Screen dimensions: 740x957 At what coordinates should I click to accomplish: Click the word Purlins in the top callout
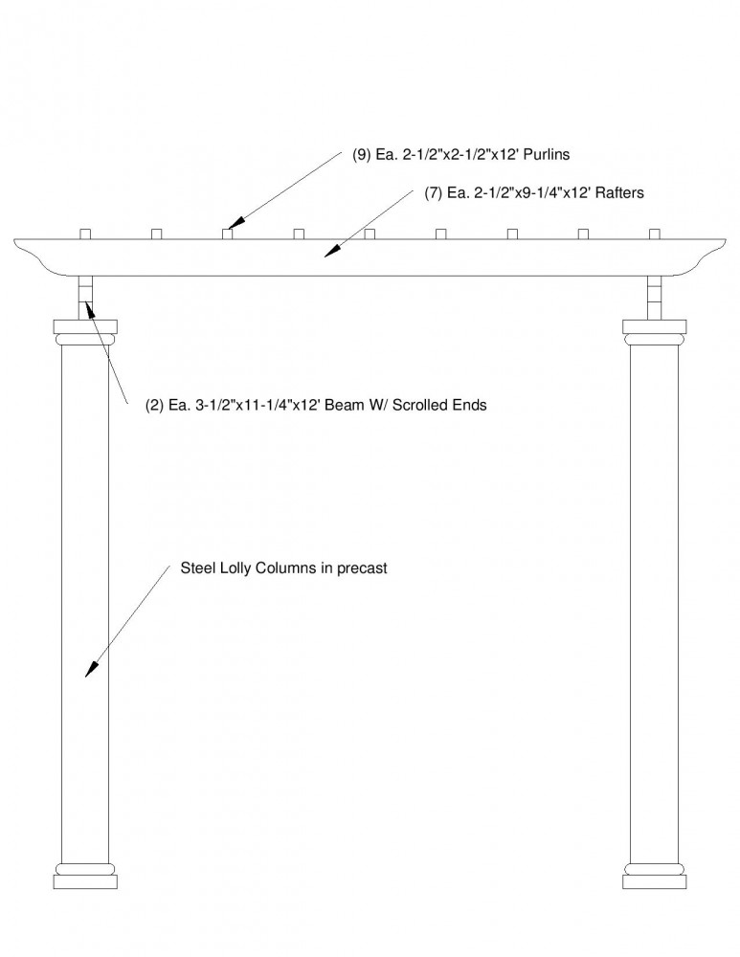pyautogui.click(x=547, y=154)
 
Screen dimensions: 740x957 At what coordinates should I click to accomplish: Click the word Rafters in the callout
pyautogui.click(x=619, y=193)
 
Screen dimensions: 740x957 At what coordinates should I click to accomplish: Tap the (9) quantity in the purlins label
pyautogui.click(x=362, y=154)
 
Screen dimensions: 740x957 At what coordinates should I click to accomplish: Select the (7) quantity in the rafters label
pyautogui.click(x=434, y=193)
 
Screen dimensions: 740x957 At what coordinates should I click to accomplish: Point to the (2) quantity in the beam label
pyautogui.click(x=154, y=405)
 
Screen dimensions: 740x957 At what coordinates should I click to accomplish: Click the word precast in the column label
pyautogui.click(x=362, y=568)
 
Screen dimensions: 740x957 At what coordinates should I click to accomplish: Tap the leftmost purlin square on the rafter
pyautogui.click(x=85, y=234)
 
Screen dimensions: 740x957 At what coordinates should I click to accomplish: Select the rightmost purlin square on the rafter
pyautogui.click(x=655, y=234)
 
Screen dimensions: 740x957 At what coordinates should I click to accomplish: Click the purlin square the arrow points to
pyautogui.click(x=228, y=234)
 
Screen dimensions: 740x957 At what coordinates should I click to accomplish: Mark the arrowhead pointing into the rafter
pyautogui.click(x=331, y=250)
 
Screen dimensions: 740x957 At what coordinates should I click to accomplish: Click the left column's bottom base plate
pyautogui.click(x=85, y=882)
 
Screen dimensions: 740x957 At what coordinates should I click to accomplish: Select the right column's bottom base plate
pyautogui.click(x=655, y=882)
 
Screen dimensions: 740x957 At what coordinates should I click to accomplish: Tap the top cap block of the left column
pyautogui.click(x=85, y=326)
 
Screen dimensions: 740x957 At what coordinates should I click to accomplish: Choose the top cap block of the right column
pyautogui.click(x=655, y=326)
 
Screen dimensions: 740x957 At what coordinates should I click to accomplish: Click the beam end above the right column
pyautogui.click(x=655, y=298)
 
